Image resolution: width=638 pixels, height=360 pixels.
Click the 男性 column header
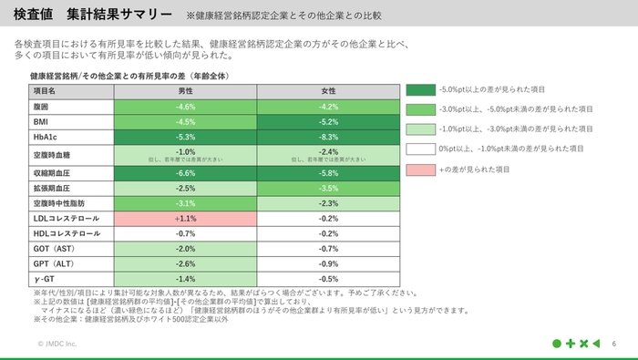[185, 91]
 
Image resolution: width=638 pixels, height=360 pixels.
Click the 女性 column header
[329, 91]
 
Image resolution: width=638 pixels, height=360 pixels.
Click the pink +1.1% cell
[185, 219]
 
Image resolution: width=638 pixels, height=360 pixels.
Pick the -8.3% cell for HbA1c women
[329, 136]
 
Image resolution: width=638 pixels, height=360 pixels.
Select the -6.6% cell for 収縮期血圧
[185, 172]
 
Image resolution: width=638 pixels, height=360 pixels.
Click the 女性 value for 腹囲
[329, 107]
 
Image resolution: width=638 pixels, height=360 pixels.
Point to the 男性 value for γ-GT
[185, 278]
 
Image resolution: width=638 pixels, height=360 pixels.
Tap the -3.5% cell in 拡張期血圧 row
[329, 188]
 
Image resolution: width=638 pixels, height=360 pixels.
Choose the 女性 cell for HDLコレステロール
[329, 233]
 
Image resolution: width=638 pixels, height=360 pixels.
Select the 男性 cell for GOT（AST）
[185, 249]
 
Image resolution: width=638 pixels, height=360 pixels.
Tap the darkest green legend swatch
[420, 90]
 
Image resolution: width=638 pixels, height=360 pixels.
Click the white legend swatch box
[420, 148]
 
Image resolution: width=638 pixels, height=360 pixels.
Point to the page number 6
[613, 344]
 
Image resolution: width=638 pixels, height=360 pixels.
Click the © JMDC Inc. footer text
[58, 345]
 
